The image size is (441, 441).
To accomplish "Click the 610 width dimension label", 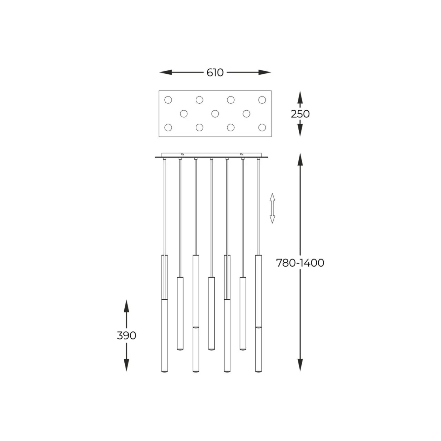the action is (215, 73).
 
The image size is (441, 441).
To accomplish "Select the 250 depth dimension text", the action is (300, 114).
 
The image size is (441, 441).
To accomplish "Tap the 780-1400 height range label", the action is (300, 263).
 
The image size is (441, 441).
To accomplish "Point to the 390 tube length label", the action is (126, 336).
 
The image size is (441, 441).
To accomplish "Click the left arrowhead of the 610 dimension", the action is (166, 73).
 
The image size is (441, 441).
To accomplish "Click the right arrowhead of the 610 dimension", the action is (265, 73).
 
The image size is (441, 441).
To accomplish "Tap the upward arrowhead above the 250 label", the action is (300, 98).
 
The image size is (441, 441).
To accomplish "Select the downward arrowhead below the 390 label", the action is (126, 365).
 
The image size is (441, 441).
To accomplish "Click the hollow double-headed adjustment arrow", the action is (272, 208).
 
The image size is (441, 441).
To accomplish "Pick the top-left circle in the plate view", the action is (168, 100).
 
